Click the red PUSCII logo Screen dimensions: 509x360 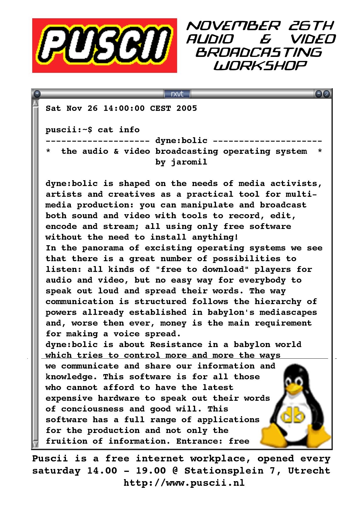[x=105, y=46]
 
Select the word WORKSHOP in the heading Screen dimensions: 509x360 [x=260, y=66]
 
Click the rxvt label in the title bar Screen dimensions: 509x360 [x=177, y=94]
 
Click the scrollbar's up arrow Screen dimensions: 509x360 [x=35, y=103]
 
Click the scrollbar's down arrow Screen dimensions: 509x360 [x=35, y=444]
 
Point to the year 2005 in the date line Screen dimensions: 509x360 [x=186, y=109]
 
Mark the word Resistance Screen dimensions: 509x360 [x=176, y=345]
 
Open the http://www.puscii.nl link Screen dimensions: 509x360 [x=184, y=483]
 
